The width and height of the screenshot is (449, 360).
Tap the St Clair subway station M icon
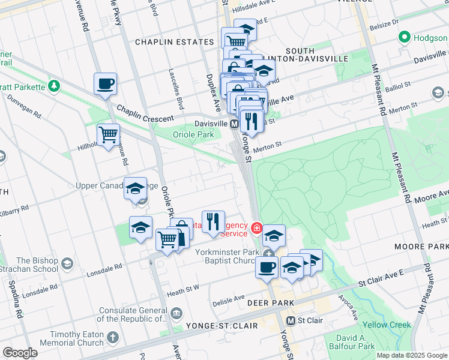coord(291,320)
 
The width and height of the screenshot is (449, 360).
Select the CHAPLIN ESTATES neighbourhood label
coord(174,42)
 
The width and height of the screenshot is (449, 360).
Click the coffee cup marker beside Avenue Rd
coord(106,84)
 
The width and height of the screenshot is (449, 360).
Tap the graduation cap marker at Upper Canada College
coord(135,188)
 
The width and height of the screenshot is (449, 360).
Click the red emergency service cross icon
coord(256,227)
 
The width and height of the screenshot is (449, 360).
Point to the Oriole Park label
coord(193,134)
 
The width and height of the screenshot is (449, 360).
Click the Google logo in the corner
coord(20,352)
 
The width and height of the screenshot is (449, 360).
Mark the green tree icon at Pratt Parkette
coord(54,86)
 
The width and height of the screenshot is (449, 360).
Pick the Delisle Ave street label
coord(231,298)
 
